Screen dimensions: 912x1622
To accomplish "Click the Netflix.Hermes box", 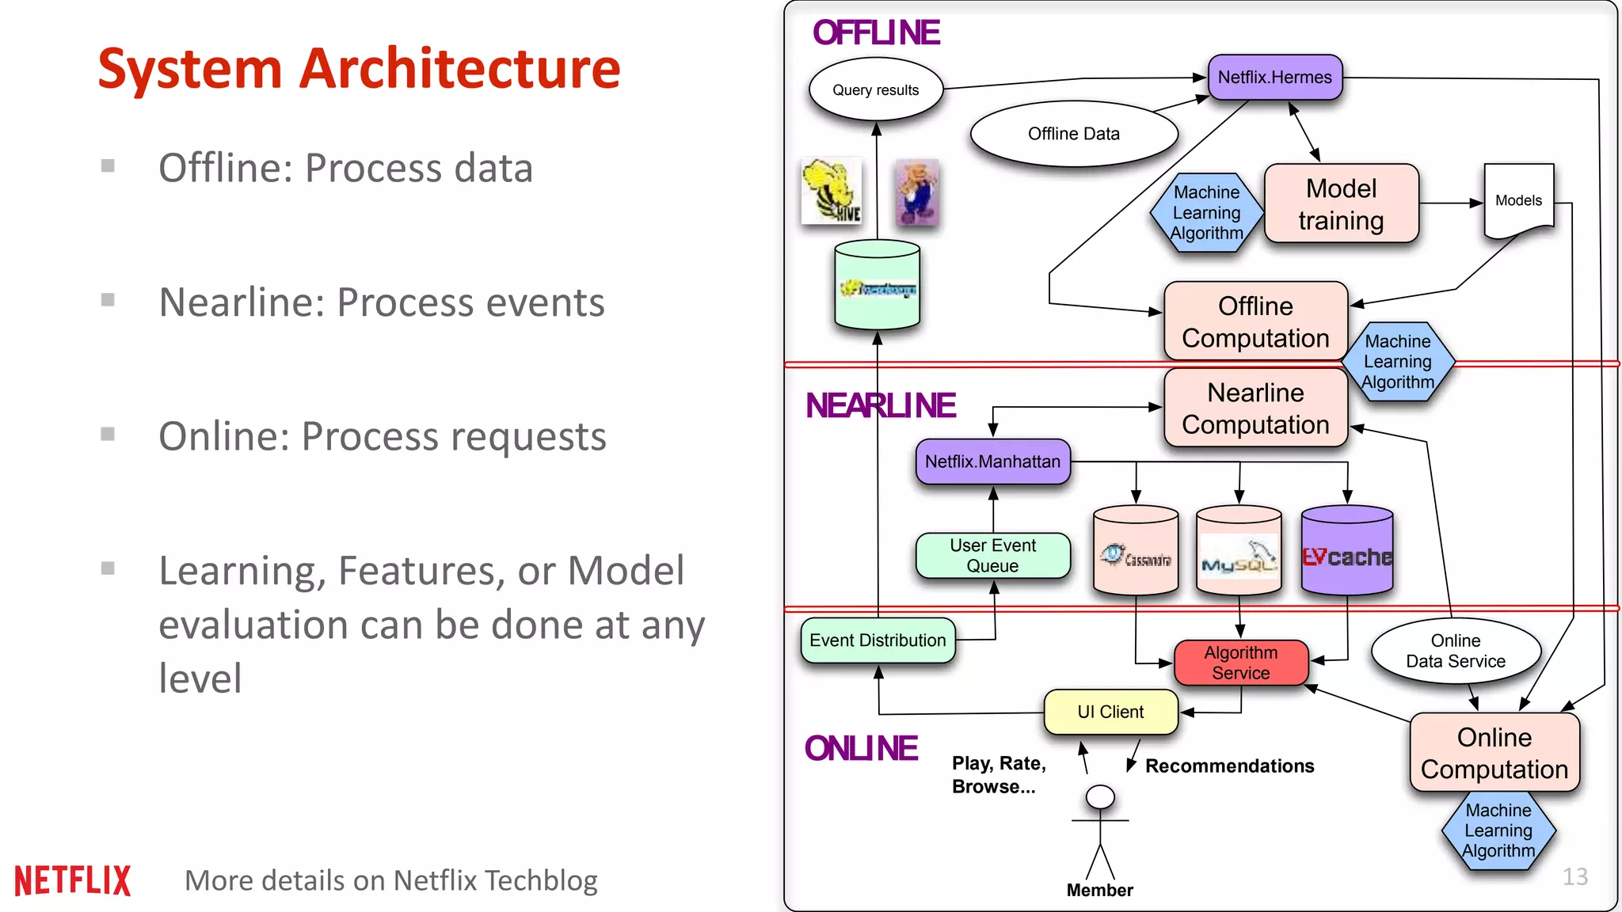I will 1274,78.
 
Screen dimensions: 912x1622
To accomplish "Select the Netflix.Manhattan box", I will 992,462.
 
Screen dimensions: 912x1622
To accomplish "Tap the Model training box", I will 1341,204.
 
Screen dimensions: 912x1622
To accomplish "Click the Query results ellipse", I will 875,89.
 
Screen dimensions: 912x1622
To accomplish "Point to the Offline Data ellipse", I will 1073,134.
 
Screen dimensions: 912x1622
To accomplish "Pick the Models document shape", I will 1518,200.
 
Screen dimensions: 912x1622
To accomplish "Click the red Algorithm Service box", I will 1240,663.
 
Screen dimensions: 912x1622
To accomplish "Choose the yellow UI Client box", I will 1110,712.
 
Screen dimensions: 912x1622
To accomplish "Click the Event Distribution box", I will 878,640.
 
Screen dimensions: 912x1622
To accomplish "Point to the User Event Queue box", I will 992,556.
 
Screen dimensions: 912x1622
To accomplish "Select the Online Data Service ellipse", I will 1455,651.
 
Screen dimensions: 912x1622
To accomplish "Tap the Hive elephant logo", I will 832,191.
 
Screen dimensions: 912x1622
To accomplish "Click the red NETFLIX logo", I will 72,880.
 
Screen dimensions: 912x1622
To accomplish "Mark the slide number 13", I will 1574,876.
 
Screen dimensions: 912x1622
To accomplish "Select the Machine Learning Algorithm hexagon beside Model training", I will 1206,212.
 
